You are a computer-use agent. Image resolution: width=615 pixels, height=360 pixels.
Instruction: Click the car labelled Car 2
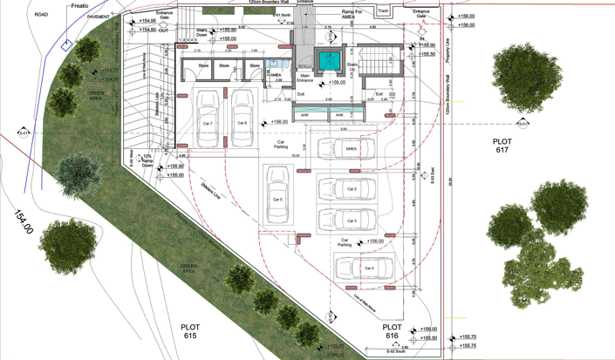(x=351, y=189)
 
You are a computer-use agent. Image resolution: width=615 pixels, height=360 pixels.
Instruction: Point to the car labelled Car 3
(x=351, y=219)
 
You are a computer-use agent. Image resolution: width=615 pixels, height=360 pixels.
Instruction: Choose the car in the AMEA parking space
(x=351, y=149)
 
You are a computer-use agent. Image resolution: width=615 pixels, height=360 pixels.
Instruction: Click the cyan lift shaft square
(x=329, y=60)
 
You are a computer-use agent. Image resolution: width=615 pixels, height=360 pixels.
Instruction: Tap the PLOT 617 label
(x=501, y=145)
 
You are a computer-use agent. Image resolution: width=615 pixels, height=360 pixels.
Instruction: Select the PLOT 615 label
(x=190, y=331)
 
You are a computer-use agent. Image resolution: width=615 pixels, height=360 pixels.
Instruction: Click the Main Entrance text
(x=304, y=78)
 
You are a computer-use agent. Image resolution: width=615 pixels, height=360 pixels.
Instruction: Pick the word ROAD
(x=41, y=15)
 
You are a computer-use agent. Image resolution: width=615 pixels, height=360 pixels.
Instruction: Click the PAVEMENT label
(x=99, y=17)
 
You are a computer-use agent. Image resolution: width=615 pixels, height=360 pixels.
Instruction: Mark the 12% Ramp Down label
(x=147, y=160)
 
